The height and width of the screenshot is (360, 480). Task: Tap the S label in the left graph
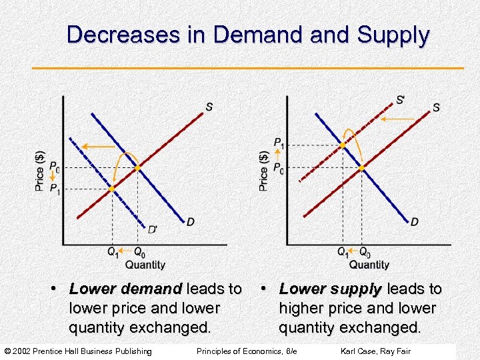click(209, 107)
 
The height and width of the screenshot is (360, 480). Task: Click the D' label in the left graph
click(153, 229)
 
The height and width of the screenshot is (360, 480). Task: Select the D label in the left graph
click(191, 221)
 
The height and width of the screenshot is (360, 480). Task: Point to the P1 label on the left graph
click(55, 189)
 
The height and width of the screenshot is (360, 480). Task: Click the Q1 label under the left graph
click(113, 252)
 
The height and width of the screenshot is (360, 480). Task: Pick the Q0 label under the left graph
click(139, 252)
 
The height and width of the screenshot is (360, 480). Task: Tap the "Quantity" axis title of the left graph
click(145, 265)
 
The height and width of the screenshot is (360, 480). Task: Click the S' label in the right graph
click(400, 100)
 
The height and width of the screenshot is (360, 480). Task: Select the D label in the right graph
click(415, 221)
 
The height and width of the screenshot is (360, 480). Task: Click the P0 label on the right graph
click(279, 168)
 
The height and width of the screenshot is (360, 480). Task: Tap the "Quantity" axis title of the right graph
click(369, 265)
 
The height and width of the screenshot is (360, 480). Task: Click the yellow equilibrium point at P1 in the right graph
click(343, 145)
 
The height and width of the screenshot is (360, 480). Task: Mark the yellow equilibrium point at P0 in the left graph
click(137, 168)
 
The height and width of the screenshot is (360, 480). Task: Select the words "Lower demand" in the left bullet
click(125, 289)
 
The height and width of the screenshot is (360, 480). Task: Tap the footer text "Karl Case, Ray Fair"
click(375, 351)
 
